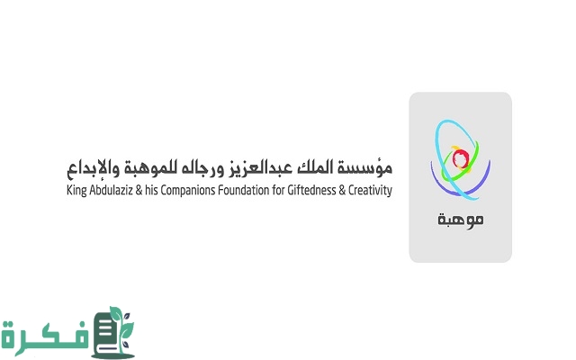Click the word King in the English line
(76, 192)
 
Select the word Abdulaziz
(114, 192)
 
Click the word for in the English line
(285, 192)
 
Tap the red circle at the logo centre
(460, 159)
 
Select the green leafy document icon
(117, 331)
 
